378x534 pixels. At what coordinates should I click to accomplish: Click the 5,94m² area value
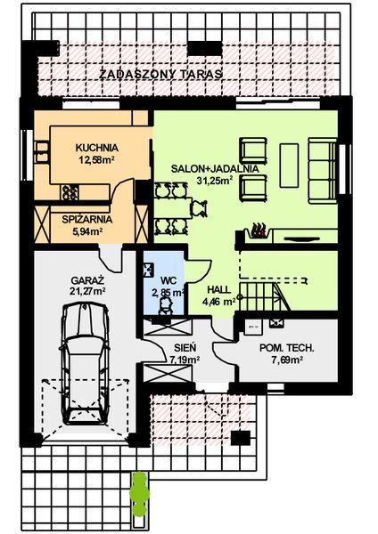(x=87, y=232)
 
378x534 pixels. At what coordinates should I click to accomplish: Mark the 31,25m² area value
(x=215, y=180)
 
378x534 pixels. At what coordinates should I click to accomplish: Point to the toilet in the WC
(x=165, y=305)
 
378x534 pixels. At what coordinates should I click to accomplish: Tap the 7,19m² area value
(x=184, y=360)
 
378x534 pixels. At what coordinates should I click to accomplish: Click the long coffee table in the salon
(x=289, y=161)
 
